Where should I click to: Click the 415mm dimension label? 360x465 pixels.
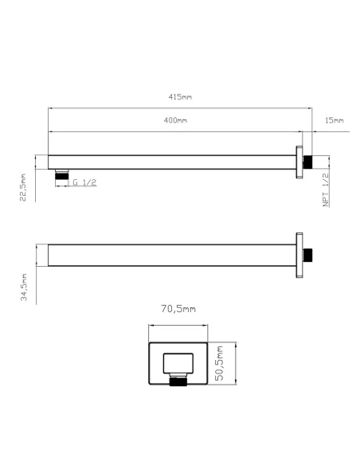click(180, 97)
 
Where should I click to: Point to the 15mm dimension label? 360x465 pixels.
click(335, 120)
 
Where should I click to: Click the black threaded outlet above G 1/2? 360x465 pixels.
click(63, 173)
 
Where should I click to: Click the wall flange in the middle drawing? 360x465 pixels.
click(299, 255)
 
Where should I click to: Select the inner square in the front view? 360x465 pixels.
click(179, 363)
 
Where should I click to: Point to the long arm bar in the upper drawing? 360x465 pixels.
click(171, 161)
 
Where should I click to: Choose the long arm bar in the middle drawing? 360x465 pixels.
click(171, 255)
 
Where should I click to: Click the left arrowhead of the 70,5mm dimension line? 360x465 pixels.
click(152, 325)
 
